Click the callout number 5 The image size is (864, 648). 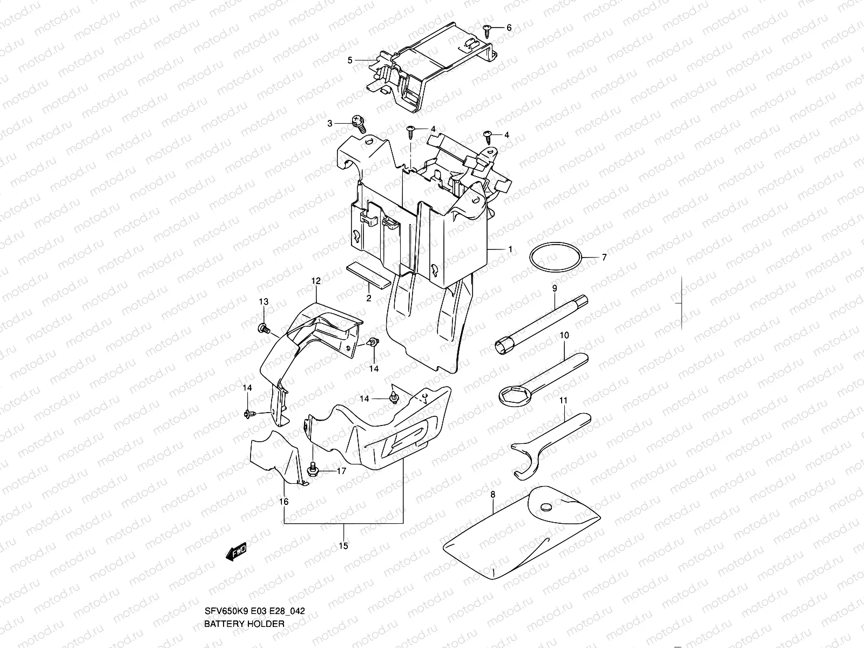(350, 60)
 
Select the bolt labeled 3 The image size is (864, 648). (359, 123)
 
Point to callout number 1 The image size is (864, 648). (510, 250)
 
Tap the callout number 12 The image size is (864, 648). (316, 281)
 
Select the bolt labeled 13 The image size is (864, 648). (264, 327)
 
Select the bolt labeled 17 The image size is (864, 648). (312, 471)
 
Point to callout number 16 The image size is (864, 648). (284, 502)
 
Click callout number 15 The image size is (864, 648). (343, 545)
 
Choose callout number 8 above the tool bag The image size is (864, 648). (492, 494)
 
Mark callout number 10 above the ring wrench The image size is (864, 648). (564, 335)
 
